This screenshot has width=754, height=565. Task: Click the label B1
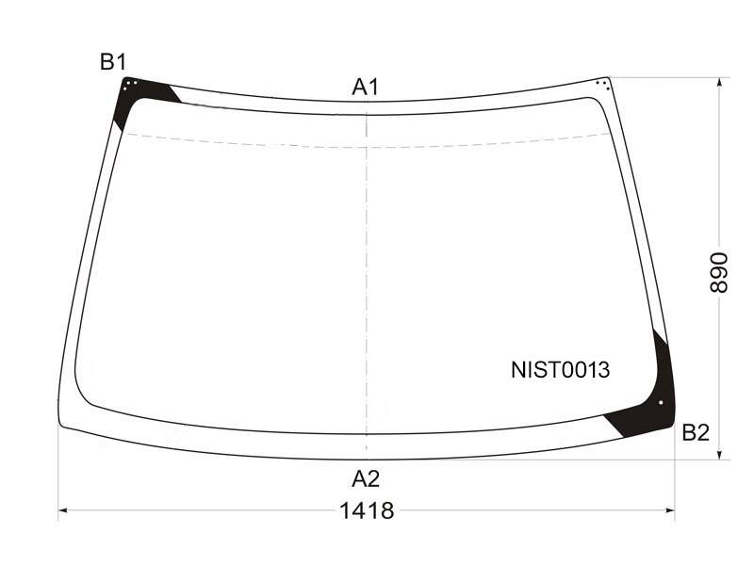(x=113, y=62)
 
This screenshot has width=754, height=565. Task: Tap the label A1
(x=366, y=88)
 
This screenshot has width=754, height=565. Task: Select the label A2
(x=366, y=479)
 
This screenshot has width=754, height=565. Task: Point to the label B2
(x=696, y=433)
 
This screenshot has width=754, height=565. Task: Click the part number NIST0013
(x=560, y=370)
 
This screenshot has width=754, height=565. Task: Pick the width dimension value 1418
(x=367, y=510)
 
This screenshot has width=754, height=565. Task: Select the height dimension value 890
(x=719, y=272)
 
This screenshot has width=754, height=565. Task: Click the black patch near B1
(x=139, y=96)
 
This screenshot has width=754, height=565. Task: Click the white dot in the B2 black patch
(x=661, y=403)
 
